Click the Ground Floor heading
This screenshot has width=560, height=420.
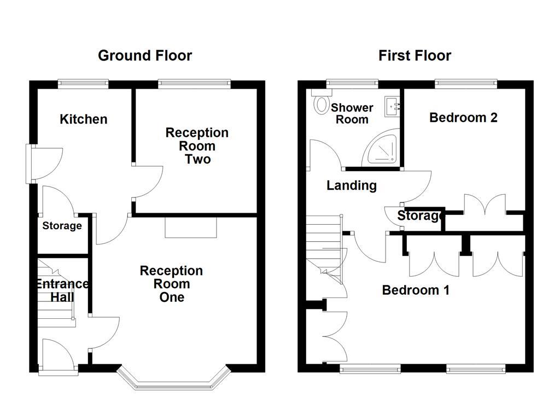click(145, 55)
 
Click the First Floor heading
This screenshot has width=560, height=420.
click(415, 55)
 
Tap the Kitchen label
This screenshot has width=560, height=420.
click(83, 119)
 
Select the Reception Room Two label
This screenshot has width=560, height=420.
click(197, 146)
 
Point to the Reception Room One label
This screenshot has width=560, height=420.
click(171, 284)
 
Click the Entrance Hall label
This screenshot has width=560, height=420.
click(62, 290)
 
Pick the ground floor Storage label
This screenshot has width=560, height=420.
click(62, 226)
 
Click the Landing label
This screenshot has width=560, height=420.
click(352, 185)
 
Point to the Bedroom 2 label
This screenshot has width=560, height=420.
click(463, 118)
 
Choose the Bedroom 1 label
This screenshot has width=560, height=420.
click(416, 290)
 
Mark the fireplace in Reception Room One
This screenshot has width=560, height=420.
click(191, 227)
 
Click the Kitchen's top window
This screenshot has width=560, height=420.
click(83, 84)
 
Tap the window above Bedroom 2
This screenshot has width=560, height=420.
click(466, 84)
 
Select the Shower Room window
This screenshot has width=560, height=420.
click(352, 84)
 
